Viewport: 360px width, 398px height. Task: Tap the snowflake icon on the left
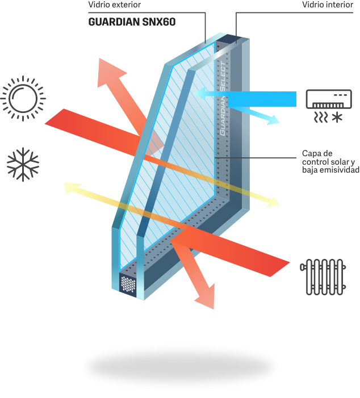23,165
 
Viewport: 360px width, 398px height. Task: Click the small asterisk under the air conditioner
338,118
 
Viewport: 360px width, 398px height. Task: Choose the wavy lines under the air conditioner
321,118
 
